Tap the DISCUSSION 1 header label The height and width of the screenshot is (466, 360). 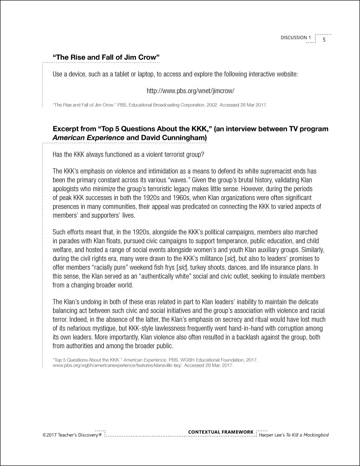[x=295, y=38]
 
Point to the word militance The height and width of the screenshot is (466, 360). [x=229, y=259]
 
